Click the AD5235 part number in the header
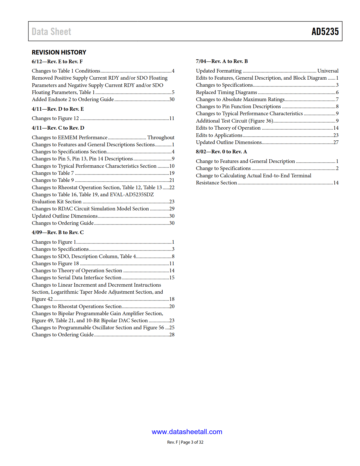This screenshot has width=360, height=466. pos(325,32)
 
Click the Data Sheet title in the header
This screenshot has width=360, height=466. pos(51,32)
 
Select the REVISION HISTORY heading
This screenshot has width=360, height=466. pos(59,52)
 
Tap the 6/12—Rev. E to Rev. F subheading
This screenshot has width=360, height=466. pos(57,62)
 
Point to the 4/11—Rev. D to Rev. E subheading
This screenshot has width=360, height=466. pos(58,109)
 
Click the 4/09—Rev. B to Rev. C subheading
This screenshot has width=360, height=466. pos(58,232)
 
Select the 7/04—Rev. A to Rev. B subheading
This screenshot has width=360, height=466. pos(222,61)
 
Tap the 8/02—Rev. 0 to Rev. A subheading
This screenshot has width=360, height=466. pos(221,152)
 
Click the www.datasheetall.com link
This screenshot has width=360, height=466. pos(187,432)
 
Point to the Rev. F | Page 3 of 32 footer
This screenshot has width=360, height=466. pos(185,442)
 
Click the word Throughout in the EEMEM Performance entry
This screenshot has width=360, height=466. pos(161,138)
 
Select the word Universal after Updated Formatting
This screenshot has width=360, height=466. pos(328,71)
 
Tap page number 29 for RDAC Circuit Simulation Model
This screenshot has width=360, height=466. pos(172,209)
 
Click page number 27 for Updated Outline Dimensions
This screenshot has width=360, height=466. pos(336,142)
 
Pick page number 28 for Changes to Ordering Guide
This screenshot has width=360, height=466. pos(172,335)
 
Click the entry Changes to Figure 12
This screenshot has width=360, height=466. pos(55,118)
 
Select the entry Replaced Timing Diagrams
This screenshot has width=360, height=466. pos(226,92)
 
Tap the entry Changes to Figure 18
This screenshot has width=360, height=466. pos(55,264)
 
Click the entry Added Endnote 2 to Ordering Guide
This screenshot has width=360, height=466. pos(73,99)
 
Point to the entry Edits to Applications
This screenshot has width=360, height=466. pos(219,135)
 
